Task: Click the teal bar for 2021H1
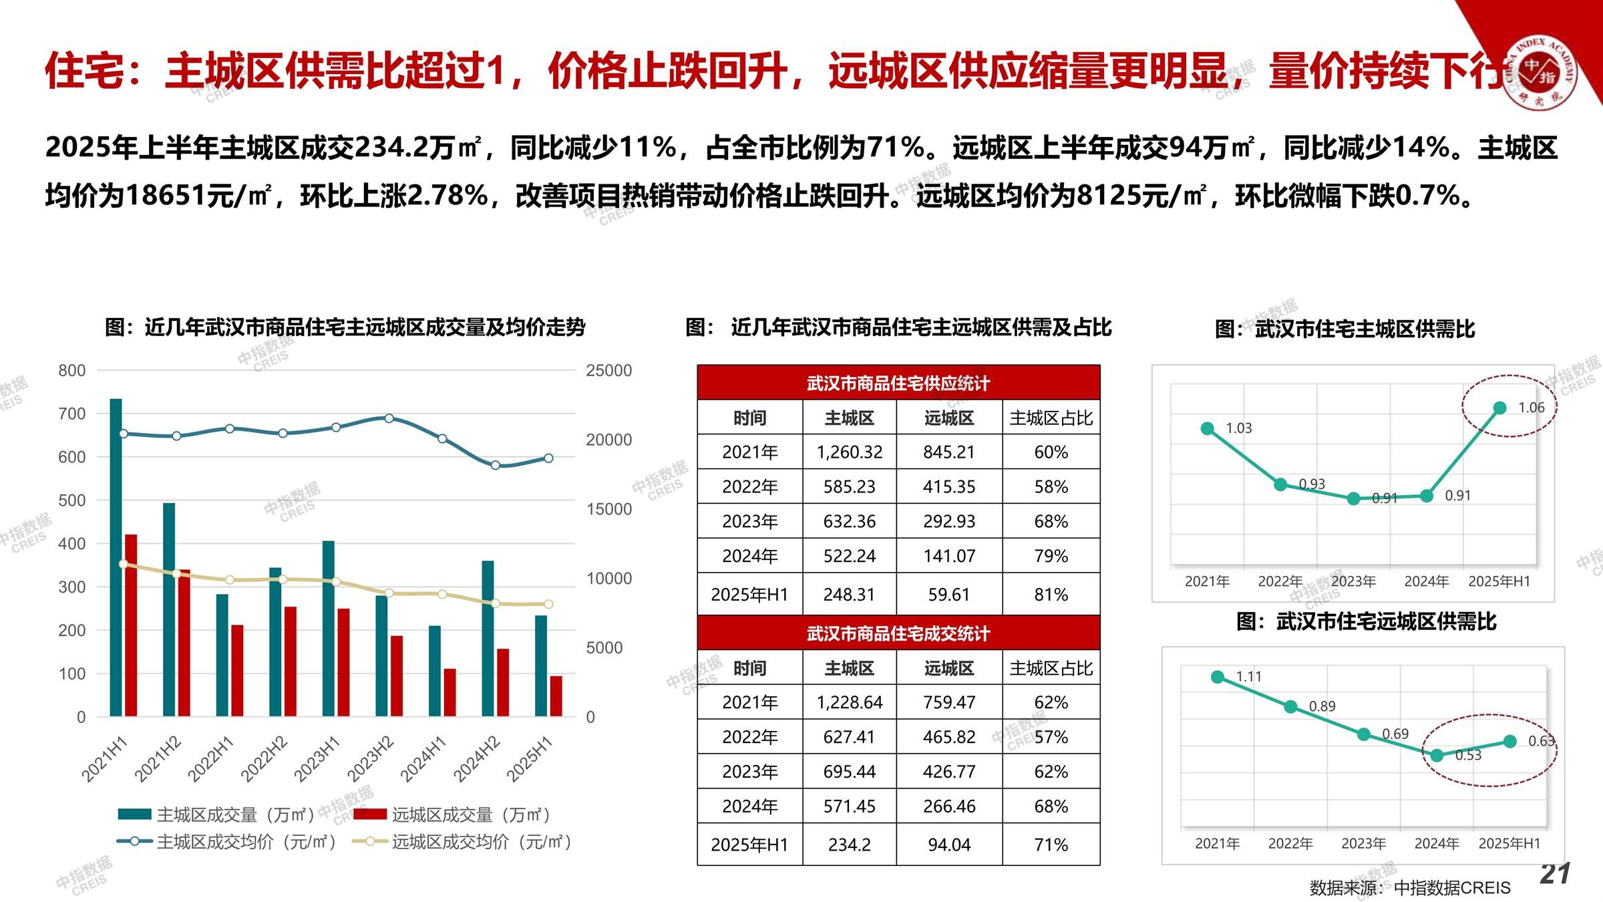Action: coord(116,557)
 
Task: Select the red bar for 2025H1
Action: coord(556,696)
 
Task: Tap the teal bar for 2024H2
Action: coord(488,638)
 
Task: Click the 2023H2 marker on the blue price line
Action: coord(389,418)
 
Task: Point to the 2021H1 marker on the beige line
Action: coord(124,565)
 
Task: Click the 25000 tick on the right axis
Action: coord(608,370)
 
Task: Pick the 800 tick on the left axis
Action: coord(72,370)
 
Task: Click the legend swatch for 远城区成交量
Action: coord(369,814)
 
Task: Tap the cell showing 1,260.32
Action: coord(849,452)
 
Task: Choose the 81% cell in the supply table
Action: coord(1051,594)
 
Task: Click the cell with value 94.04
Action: coord(948,845)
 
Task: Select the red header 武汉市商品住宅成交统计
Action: coord(898,633)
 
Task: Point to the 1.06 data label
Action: coord(1531,408)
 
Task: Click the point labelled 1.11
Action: coord(1218,677)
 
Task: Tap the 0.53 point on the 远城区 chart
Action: coord(1437,755)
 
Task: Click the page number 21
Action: coord(1555,874)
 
